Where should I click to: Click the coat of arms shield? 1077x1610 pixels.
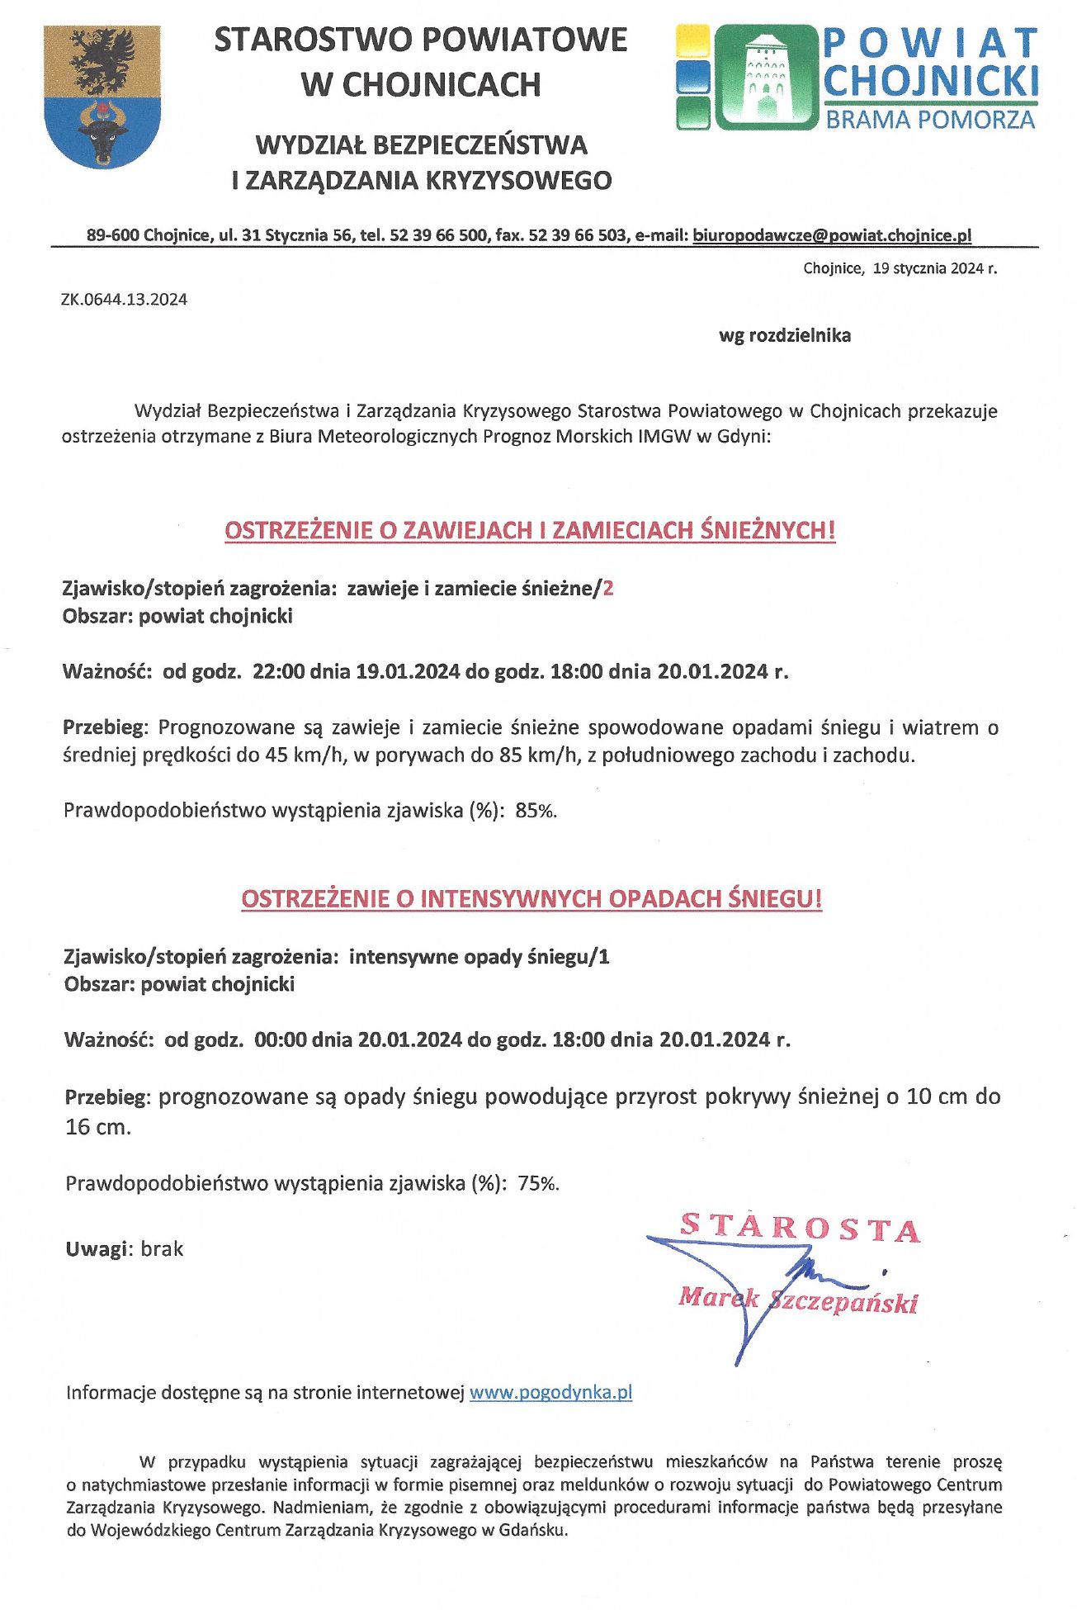click(x=102, y=95)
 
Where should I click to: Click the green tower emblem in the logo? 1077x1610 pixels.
click(x=764, y=76)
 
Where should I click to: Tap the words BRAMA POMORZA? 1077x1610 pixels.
click(x=930, y=121)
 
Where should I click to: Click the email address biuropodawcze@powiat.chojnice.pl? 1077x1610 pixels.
click(x=832, y=235)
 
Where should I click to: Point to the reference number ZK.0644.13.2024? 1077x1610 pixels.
click(x=124, y=300)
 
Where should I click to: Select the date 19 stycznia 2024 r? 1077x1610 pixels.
click(x=934, y=269)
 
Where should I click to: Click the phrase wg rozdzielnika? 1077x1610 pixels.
click(x=784, y=336)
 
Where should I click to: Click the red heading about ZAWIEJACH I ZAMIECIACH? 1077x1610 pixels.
click(x=530, y=530)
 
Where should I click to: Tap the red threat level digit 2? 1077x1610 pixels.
click(x=609, y=589)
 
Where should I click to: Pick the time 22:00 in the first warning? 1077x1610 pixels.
click(x=278, y=671)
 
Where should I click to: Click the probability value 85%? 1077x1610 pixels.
click(x=536, y=811)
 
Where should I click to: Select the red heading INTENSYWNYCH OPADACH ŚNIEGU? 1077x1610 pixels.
click(x=531, y=899)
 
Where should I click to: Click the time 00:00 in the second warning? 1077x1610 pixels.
click(x=280, y=1039)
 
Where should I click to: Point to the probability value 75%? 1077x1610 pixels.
click(x=538, y=1184)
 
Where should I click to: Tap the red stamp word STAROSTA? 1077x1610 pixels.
click(x=799, y=1228)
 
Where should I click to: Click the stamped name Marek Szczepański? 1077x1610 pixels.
click(x=797, y=1300)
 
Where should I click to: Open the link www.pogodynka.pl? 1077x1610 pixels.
click(x=550, y=1393)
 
